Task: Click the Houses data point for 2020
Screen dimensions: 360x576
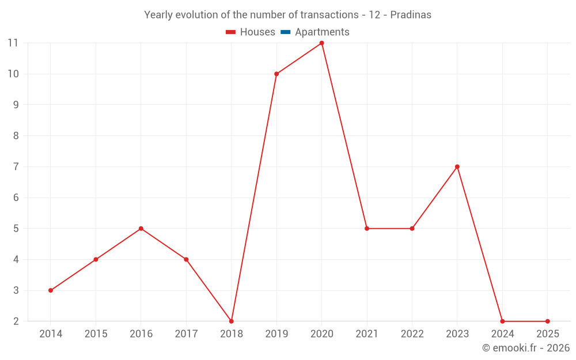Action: click(x=321, y=43)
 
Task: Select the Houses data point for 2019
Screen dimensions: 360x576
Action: click(x=276, y=74)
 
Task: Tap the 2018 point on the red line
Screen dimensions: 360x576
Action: click(x=232, y=321)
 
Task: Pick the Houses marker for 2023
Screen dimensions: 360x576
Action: click(x=457, y=166)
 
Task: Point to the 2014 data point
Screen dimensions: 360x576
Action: click(x=51, y=290)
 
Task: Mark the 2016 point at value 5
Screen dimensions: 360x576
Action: click(x=141, y=229)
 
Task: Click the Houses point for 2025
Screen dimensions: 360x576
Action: click(x=547, y=321)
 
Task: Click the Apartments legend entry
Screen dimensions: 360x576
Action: click(x=322, y=32)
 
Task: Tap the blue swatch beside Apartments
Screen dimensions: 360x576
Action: click(x=285, y=32)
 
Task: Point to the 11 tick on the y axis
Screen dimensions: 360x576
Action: click(x=13, y=43)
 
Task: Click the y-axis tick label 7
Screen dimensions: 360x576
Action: click(x=15, y=166)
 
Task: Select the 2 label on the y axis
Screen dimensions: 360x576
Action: click(x=15, y=321)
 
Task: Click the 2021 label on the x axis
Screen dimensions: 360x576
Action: click(x=367, y=334)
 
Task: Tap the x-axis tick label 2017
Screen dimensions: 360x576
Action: click(x=186, y=334)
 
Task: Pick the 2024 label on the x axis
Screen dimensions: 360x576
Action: click(x=502, y=334)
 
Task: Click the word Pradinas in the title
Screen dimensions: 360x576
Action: click(x=411, y=15)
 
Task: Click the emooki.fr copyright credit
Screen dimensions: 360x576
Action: click(x=525, y=348)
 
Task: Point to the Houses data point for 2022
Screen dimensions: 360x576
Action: click(x=412, y=229)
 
